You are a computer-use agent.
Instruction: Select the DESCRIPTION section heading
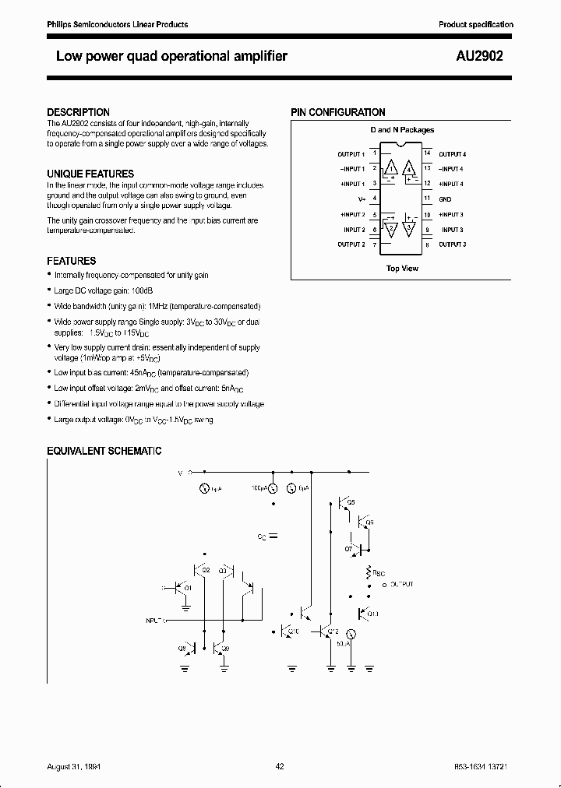click(x=78, y=112)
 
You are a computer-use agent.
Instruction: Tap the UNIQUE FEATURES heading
click(x=90, y=174)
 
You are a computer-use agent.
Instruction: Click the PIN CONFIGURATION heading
click(x=338, y=113)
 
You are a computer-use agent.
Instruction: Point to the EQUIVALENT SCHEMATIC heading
click(x=104, y=451)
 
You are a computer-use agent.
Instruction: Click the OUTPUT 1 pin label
click(x=351, y=154)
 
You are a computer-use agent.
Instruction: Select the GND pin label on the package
click(x=445, y=199)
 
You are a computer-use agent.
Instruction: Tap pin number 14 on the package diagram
click(x=427, y=153)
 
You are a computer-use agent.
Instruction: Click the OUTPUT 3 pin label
click(x=452, y=244)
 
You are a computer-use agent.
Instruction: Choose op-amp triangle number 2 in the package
click(x=391, y=229)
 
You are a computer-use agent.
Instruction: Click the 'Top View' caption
click(x=402, y=268)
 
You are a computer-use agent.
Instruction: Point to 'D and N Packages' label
click(x=402, y=130)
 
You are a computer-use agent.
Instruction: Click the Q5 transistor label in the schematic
click(x=350, y=503)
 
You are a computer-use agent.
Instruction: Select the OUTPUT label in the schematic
click(x=402, y=583)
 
